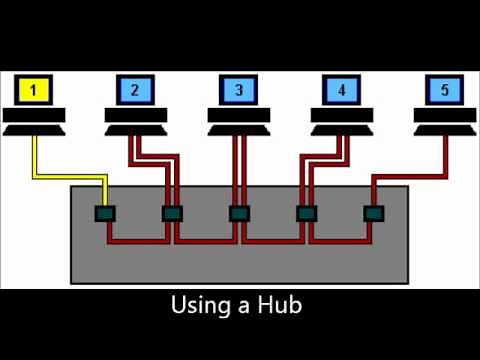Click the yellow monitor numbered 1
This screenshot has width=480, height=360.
[x=34, y=90]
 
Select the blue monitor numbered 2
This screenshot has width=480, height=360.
[x=135, y=90]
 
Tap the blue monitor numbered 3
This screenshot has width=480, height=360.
[x=238, y=90]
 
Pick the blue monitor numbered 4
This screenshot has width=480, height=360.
[x=342, y=90]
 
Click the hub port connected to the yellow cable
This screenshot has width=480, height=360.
[x=104, y=213]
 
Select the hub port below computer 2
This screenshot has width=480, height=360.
[x=172, y=213]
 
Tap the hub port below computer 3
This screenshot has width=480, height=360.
[x=238, y=213]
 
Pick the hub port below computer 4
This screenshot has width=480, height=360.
[x=306, y=213]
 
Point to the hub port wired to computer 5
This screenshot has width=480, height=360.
[x=373, y=213]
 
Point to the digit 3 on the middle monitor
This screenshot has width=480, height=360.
[x=238, y=90]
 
